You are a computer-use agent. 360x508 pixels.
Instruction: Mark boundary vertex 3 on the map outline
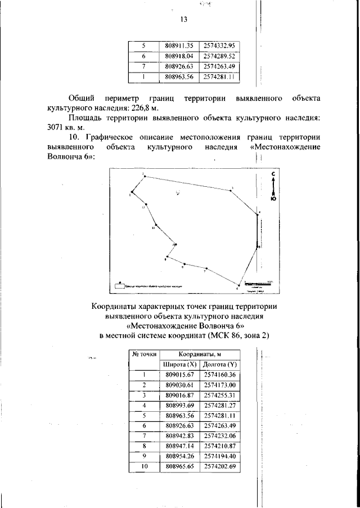pyautogui.click(x=231, y=191)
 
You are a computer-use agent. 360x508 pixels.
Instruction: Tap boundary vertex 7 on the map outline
pyautogui.click(x=207, y=268)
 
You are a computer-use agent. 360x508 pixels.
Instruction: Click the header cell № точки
pyautogui.click(x=144, y=354)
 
